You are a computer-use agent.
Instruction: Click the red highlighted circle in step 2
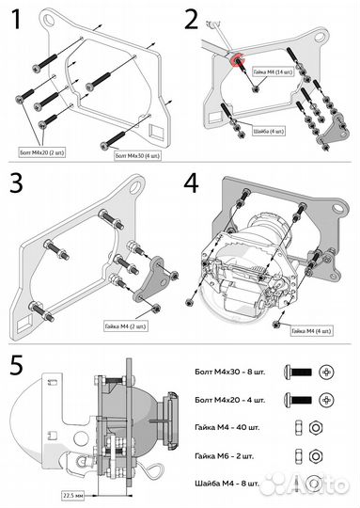tap(232, 61)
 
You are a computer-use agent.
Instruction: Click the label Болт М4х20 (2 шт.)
tap(42, 150)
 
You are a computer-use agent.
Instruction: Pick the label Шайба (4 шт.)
tap(273, 130)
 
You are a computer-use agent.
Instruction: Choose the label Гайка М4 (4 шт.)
tap(312, 331)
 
